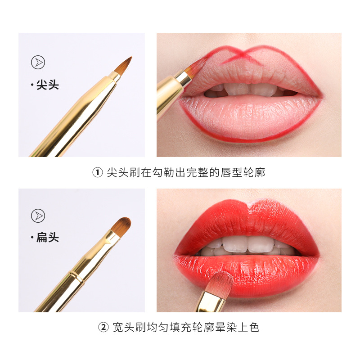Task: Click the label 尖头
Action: [47, 85]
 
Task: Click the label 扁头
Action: [47, 238]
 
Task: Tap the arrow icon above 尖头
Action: [38, 63]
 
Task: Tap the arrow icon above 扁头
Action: [38, 216]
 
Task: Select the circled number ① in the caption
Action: [98, 173]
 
